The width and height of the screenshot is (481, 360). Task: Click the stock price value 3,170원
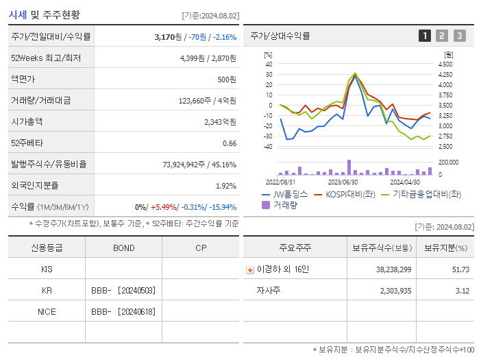(x=171, y=37)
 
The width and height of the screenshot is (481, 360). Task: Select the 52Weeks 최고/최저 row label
(x=46, y=58)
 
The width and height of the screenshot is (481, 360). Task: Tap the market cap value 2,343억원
(x=220, y=121)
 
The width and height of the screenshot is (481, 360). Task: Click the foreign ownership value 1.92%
(x=226, y=185)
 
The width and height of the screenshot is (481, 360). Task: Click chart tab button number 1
(x=425, y=36)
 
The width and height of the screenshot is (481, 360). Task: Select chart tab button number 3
(x=459, y=36)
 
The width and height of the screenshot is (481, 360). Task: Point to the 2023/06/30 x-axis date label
(x=343, y=182)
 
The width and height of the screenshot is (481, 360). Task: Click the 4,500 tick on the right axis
(x=444, y=64)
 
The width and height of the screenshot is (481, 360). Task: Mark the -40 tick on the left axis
(x=268, y=147)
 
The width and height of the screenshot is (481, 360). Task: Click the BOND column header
(x=123, y=248)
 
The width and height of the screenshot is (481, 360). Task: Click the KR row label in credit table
(x=47, y=290)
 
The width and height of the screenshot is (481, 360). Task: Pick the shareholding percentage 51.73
(x=460, y=269)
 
